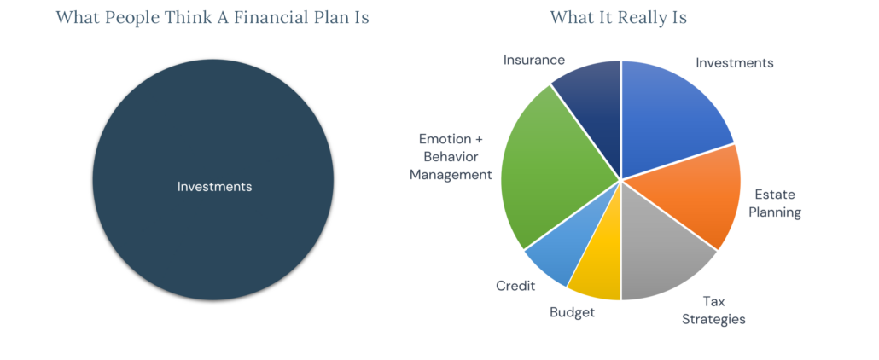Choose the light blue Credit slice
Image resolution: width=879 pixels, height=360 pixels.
coord(559,252)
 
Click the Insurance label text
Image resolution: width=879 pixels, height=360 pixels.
coord(533,60)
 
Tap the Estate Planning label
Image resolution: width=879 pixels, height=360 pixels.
coord(775,203)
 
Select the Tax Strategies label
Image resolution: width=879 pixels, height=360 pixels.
coord(713,310)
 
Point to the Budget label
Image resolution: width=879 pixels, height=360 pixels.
coord(572,311)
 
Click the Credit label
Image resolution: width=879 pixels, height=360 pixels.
coord(515,286)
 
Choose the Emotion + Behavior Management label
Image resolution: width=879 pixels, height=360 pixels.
coord(451,156)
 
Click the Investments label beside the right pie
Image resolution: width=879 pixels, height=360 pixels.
coord(734,62)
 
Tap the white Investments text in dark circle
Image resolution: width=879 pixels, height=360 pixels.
coord(214,186)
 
